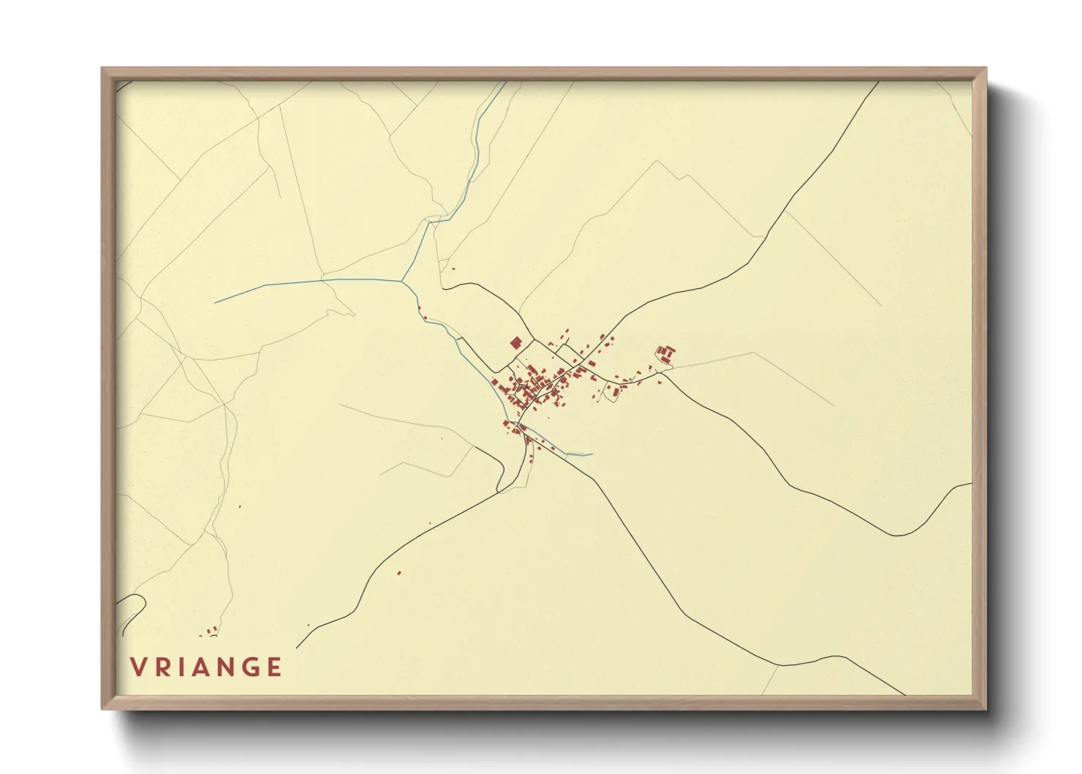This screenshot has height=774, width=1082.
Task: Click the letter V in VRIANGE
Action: tap(138, 667)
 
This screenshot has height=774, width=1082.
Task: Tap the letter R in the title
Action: tap(162, 667)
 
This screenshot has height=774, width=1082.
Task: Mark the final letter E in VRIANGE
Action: tap(275, 667)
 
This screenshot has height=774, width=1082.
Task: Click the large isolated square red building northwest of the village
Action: tap(515, 342)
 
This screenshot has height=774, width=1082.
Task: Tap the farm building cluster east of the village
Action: tap(665, 355)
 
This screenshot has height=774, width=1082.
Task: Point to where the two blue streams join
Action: tap(401, 279)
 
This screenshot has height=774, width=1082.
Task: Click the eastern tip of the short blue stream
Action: tap(591, 454)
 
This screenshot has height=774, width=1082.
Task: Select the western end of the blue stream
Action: tap(215, 302)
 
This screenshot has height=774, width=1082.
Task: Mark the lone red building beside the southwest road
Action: tap(399, 572)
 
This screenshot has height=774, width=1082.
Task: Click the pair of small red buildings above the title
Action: tap(212, 629)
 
